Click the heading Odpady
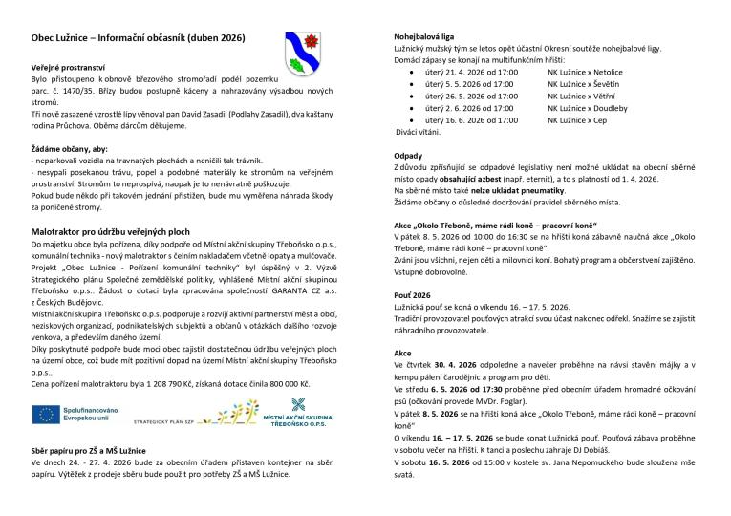tap(408, 155)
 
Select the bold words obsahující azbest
tap(487, 179)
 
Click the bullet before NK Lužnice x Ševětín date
tap(412, 84)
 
